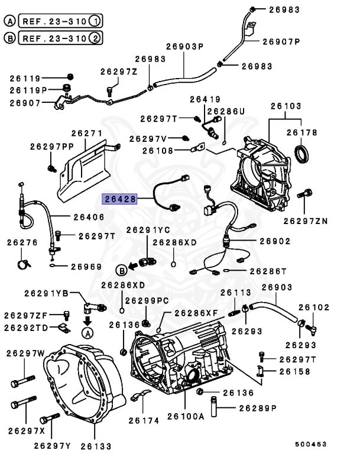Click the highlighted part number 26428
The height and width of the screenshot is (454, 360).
click(x=120, y=200)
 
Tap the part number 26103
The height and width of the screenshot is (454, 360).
click(x=286, y=107)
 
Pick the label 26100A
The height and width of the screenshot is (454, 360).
click(x=185, y=416)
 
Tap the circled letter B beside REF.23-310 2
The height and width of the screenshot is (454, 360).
click(x=10, y=38)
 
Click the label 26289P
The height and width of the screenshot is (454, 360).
click(x=258, y=408)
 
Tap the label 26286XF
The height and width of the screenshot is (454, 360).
click(x=195, y=313)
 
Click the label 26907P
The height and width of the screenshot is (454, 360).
click(x=281, y=41)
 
